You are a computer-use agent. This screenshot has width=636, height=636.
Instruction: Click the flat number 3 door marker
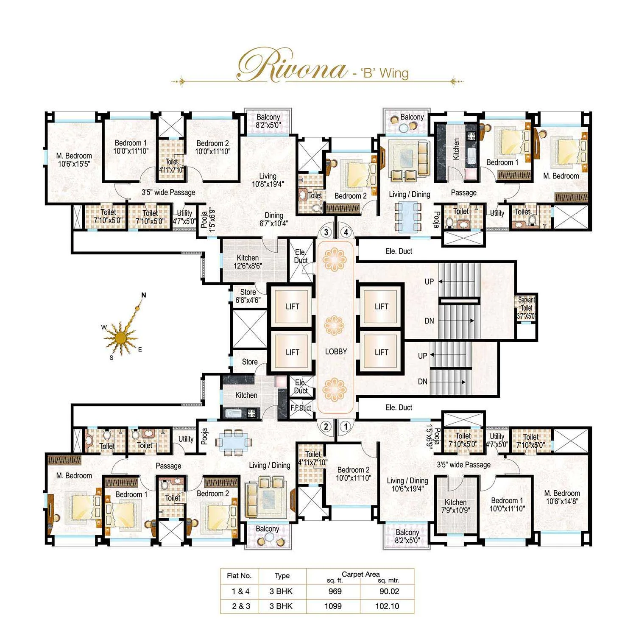pos(326,232)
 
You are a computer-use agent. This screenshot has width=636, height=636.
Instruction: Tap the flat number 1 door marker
pos(346,427)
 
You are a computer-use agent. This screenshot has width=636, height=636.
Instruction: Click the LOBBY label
pos(336,351)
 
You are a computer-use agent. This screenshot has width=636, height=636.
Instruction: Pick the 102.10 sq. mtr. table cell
pos(387,606)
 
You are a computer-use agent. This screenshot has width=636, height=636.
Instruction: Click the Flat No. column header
pos(239,575)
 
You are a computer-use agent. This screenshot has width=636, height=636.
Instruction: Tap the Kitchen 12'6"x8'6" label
pos(248,262)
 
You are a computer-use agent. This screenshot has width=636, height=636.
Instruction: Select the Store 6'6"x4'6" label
pos(248,296)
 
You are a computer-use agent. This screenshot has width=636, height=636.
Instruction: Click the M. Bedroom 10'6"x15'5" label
pos(74,160)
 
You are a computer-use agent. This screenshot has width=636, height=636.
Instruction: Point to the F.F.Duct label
pos(301,408)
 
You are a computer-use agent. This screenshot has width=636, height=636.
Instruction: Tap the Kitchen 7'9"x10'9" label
pos(455,506)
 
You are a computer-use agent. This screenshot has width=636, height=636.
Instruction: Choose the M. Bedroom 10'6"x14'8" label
pos(562,497)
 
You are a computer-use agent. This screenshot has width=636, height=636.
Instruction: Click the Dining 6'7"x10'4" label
pos(273,219)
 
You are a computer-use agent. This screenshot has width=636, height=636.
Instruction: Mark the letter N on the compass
pos(144,295)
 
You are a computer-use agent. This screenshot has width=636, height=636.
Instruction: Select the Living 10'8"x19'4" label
pos(268,180)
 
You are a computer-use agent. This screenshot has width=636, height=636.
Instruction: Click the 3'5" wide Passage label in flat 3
pos(168,192)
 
